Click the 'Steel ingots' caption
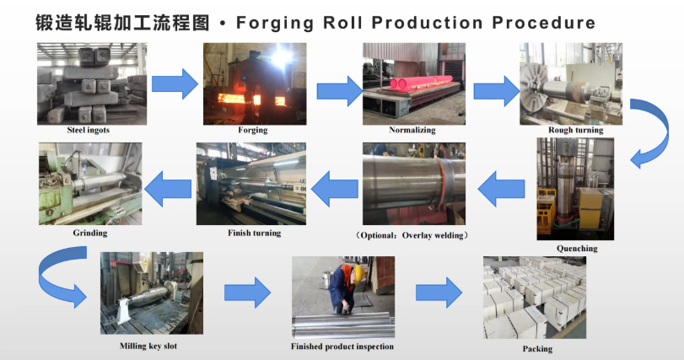coord(89,130)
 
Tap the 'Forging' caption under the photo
coord(253,130)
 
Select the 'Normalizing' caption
coord(412,130)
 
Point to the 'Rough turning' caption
coord(576,130)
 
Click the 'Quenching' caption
coord(577,249)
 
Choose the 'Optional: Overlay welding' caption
coord(412,234)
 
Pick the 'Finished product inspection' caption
coord(342,347)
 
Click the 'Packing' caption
coord(537,348)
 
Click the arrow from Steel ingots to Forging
coord(175,82)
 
